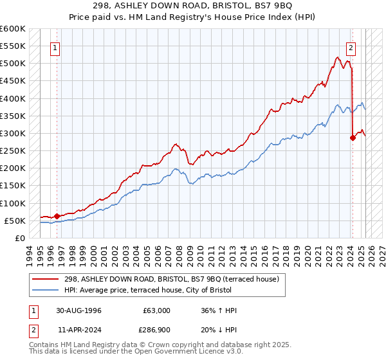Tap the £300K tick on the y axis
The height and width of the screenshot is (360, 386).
[12, 133]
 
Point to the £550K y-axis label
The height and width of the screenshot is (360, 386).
[12, 46]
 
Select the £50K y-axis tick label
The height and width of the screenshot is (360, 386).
[15, 221]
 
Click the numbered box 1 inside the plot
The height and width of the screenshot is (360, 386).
[55, 47]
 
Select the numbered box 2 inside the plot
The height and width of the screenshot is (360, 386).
[351, 47]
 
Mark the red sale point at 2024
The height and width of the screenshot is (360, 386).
[353, 138]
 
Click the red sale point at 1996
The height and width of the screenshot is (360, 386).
[57, 216]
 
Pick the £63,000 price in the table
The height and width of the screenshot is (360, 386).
[157, 310]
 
